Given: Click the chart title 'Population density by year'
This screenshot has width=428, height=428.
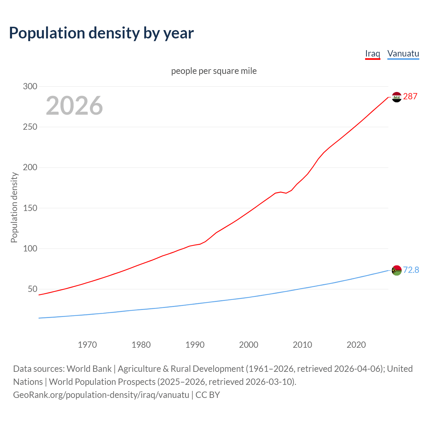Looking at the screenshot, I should coord(101,33).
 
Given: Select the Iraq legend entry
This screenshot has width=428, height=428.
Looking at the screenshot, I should coord(372,53).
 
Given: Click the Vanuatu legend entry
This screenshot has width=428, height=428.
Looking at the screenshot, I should coord(403,53).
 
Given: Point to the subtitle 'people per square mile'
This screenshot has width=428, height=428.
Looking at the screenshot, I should coord(214,71).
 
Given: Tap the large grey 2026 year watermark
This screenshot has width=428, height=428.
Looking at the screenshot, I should coord(74,106).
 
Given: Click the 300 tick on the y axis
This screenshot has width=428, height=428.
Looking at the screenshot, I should coord(30,86).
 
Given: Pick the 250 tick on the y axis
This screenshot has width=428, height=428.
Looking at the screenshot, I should coord(30,127).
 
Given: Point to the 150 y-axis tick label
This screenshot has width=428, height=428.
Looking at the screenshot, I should coord(30,208).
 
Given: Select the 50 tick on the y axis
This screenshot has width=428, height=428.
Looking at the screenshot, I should coord(32,289).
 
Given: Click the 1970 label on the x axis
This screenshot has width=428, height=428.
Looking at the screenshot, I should coord(87,345).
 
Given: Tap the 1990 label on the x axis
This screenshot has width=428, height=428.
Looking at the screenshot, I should coord(195,345).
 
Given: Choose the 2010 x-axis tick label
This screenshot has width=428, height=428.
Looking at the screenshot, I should coord(302,345).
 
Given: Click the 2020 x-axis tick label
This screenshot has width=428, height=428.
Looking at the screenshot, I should coord(356,345).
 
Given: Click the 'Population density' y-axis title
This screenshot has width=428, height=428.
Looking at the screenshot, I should coord(14,207).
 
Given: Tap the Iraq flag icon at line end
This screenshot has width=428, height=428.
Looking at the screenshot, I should coord(397,97).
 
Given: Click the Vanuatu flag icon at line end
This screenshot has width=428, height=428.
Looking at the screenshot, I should coord(397,270).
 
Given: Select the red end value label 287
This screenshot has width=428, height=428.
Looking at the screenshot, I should coord(410,97).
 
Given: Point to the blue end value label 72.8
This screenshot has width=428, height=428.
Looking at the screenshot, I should coord(411,270).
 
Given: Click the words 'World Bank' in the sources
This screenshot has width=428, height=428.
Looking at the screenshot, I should coord(89,369).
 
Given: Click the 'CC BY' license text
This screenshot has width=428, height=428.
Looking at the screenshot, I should coord(208,395).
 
